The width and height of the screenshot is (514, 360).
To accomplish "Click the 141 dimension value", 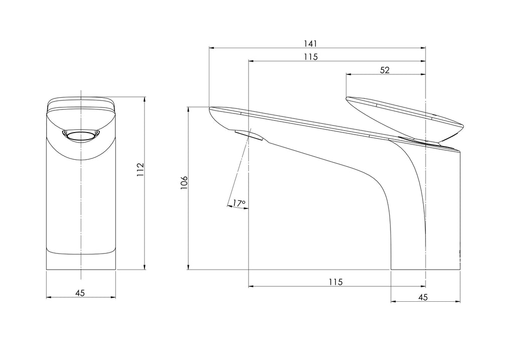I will tap(317, 43).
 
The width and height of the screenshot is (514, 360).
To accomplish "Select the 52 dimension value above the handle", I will tap(385, 70).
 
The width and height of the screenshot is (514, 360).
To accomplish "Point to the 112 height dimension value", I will tap(141, 169).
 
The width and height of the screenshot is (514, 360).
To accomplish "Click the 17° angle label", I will tap(239, 203).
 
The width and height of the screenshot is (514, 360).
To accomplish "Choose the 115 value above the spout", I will tap(311, 57).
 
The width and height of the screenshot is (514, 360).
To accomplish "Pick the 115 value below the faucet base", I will tap(335, 282).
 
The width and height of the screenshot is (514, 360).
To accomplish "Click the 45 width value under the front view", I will tap(80, 293).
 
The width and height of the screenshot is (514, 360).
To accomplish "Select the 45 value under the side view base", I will tap(423, 297).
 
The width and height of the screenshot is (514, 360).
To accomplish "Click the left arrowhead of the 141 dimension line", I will tap(211, 48).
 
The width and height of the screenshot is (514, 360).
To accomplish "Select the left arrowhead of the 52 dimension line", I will tap(349, 75).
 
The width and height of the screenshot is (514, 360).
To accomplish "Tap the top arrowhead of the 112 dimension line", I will tap(145, 99).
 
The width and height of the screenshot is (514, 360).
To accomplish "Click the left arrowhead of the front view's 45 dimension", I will tap(49, 297).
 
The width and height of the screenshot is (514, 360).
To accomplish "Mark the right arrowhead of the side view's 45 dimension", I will tap(458, 302).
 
